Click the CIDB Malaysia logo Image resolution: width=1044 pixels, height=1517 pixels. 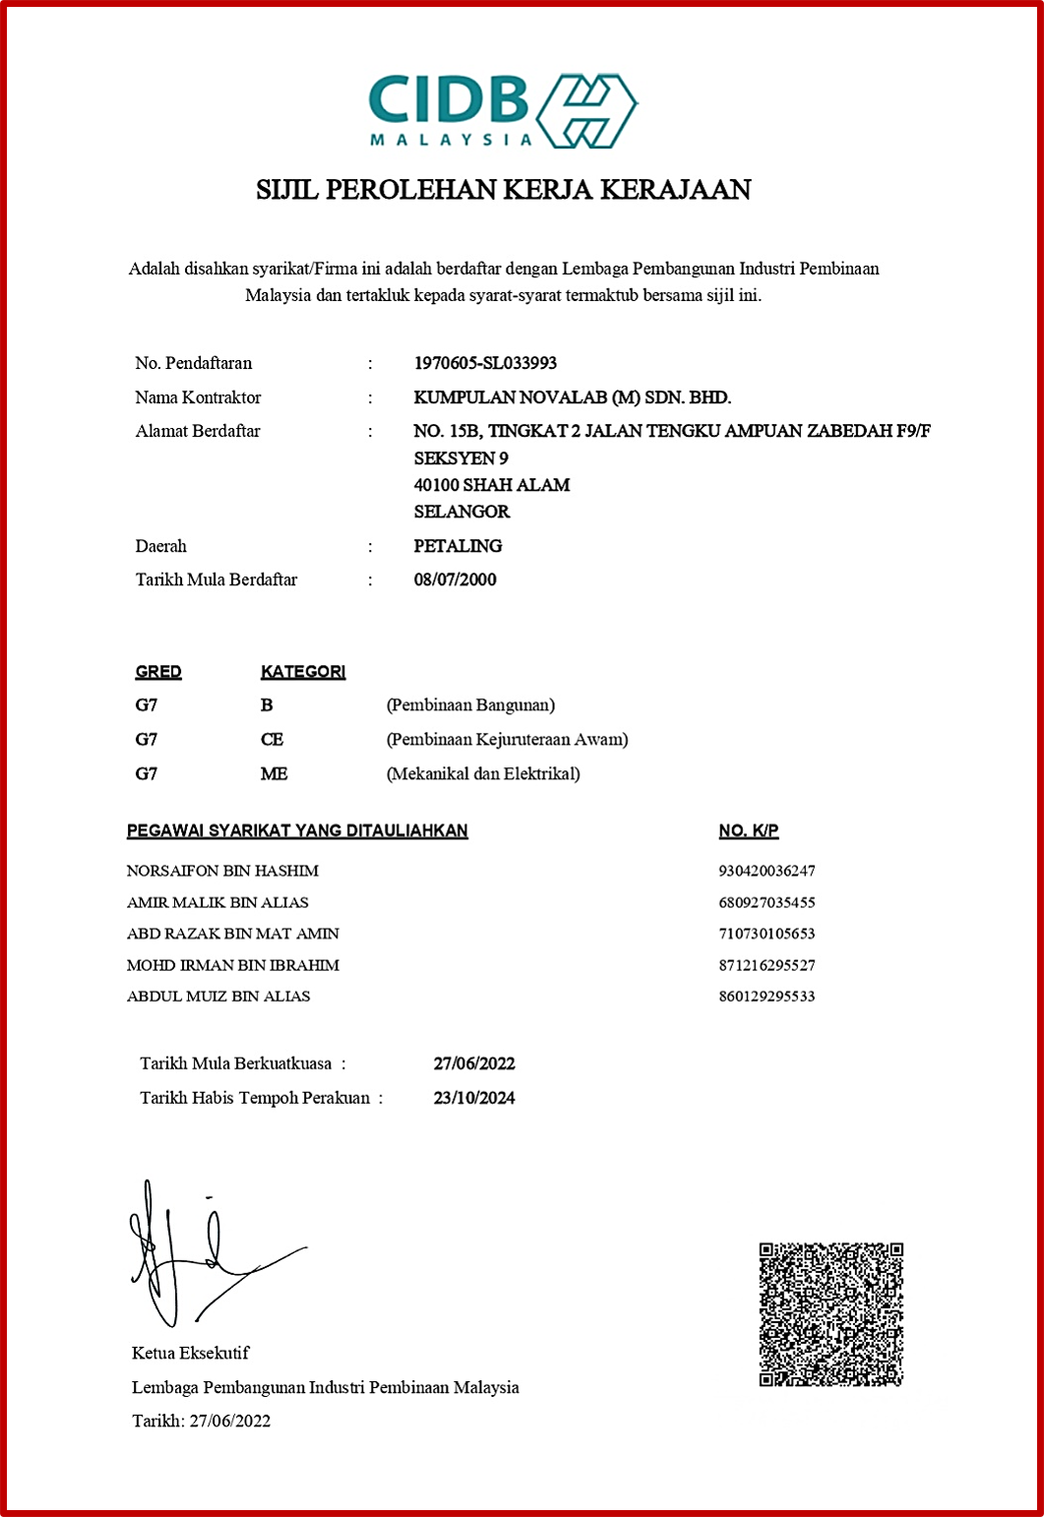(503, 110)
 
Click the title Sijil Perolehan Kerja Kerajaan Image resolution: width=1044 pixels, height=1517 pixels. (503, 189)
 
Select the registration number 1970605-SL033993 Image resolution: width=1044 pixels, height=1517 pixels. (485, 363)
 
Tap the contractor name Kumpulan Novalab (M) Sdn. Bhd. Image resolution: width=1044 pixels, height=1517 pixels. (572, 397)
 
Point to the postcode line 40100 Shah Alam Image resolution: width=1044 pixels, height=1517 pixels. (491, 485)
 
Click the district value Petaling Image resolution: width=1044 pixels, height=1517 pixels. (458, 546)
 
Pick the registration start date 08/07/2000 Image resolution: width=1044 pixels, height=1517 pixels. (455, 579)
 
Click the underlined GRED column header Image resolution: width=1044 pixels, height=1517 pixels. (158, 672)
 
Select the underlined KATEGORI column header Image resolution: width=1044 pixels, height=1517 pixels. (303, 672)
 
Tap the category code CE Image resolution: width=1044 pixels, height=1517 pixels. (272, 740)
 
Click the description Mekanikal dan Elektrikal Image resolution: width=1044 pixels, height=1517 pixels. (483, 774)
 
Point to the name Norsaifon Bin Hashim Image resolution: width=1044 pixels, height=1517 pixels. (222, 871)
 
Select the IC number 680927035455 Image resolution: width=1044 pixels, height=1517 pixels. (767, 902)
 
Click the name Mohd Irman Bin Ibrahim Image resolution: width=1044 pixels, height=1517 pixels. (233, 965)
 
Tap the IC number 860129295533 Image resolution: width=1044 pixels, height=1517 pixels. (767, 997)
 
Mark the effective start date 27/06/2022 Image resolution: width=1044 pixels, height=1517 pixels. (474, 1063)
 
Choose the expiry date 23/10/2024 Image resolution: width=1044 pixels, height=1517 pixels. (474, 1098)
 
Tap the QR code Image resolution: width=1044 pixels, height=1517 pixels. (830, 1314)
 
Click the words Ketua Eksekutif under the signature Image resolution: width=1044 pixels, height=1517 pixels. (191, 1353)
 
